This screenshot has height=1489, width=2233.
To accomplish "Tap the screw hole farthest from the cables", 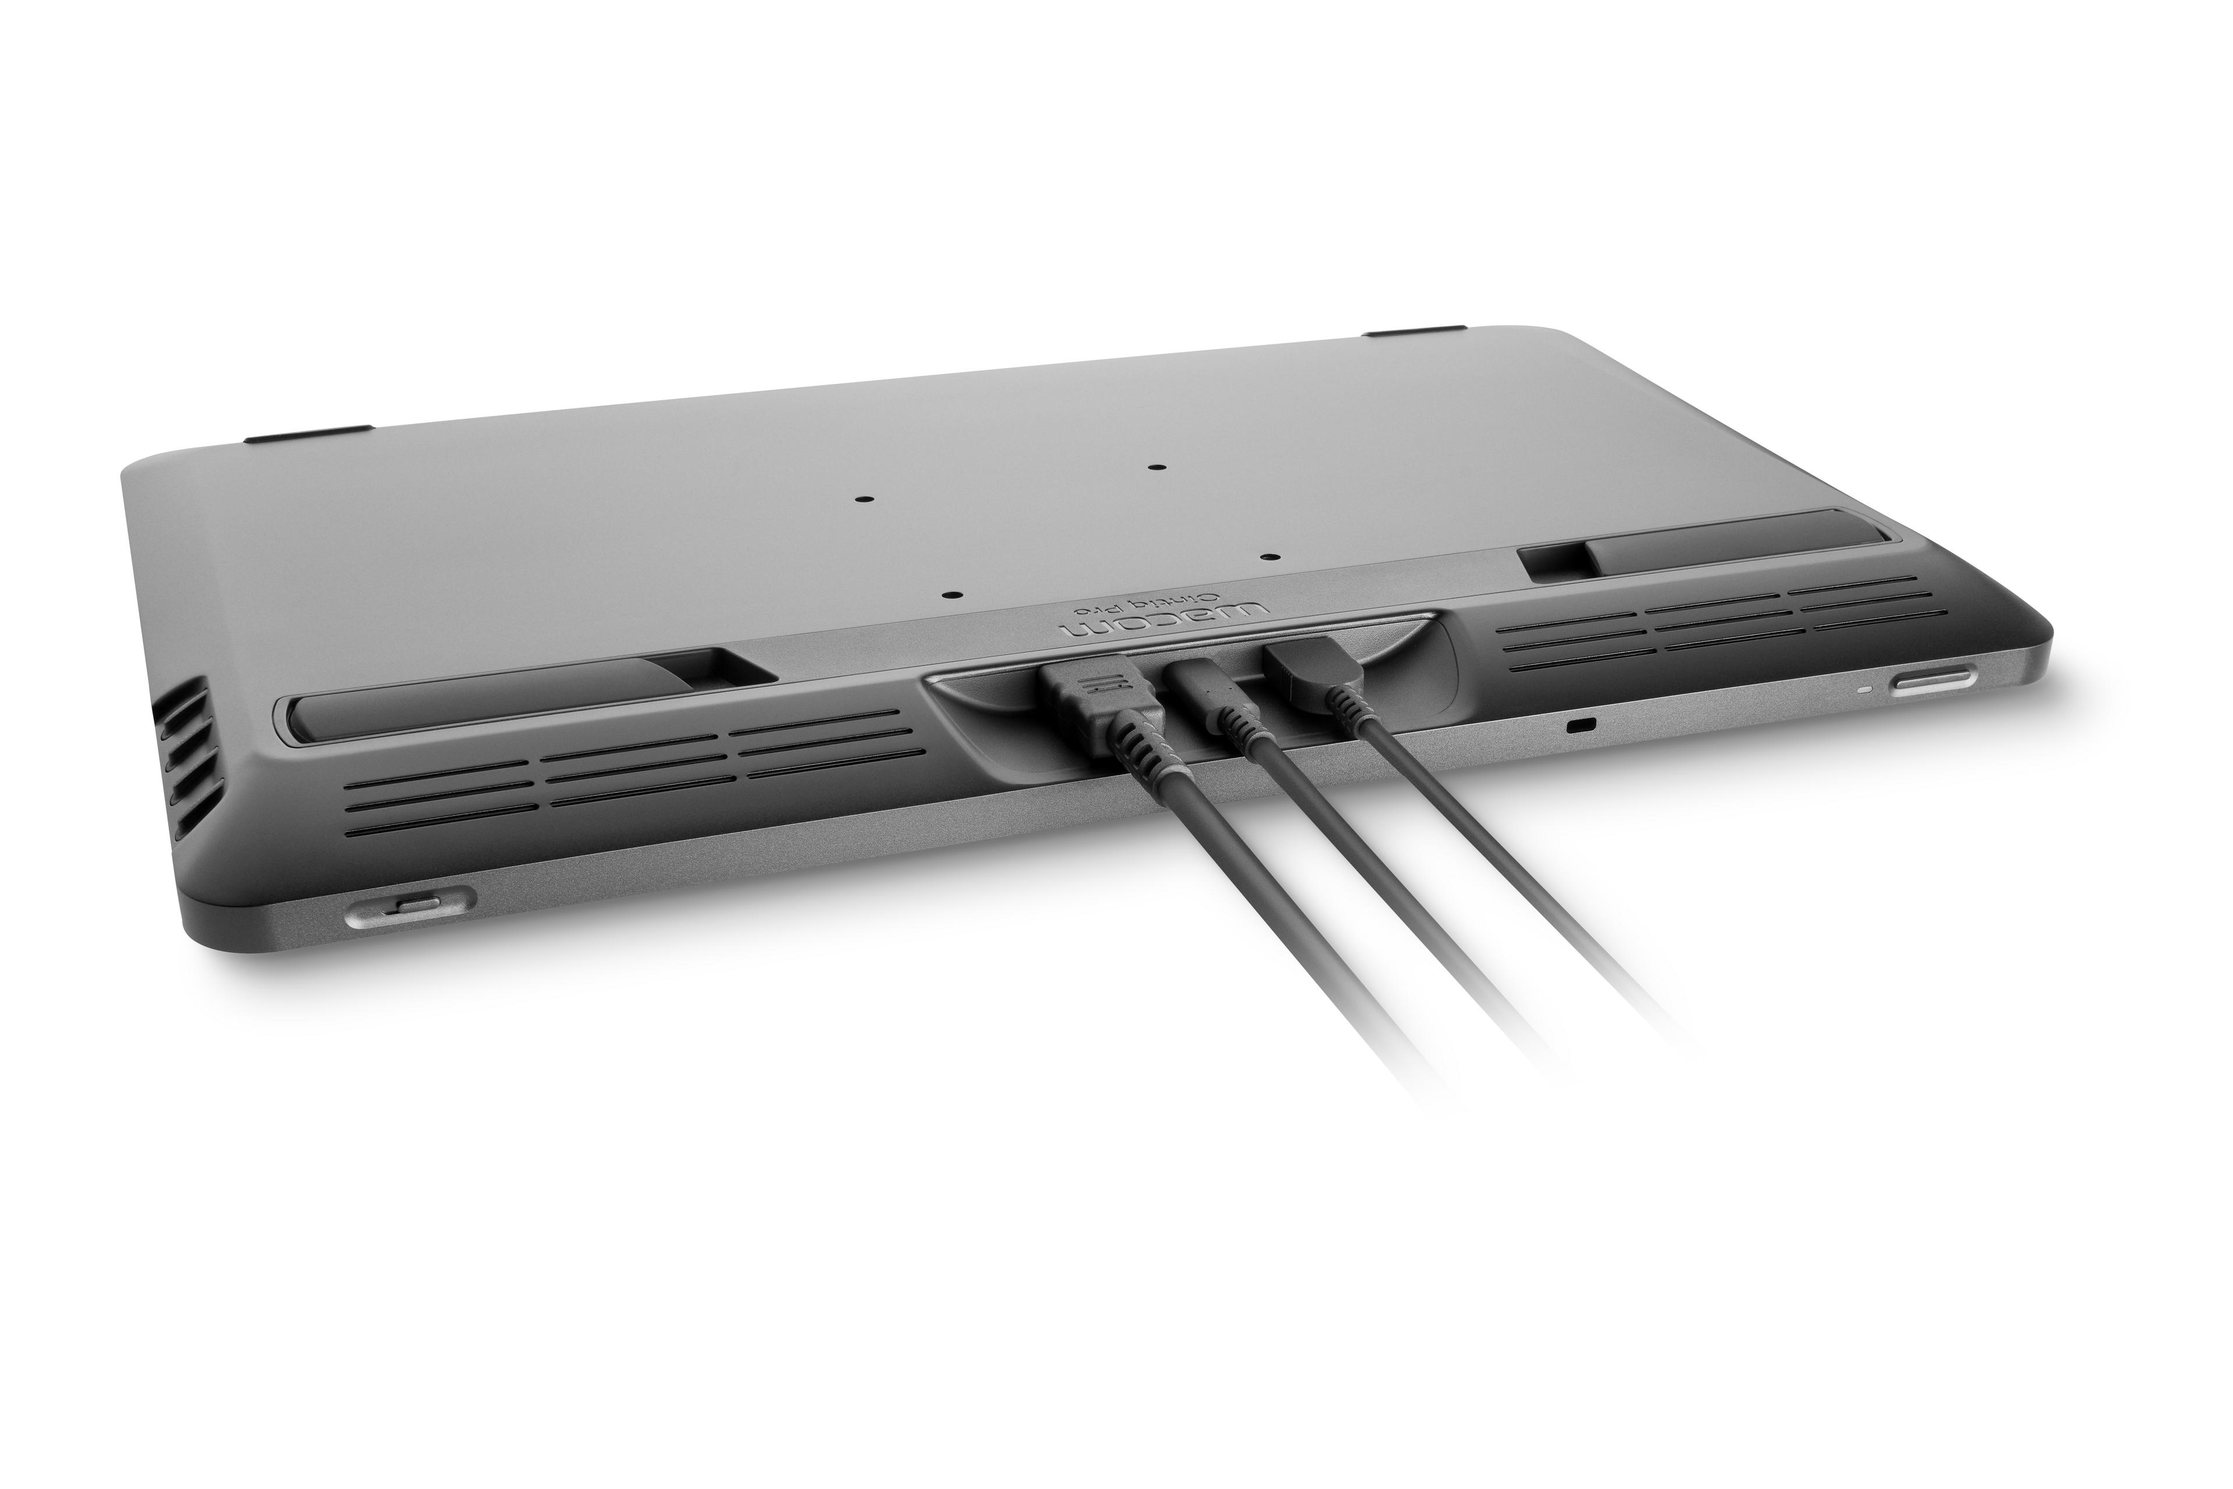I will click(x=1155, y=467).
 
